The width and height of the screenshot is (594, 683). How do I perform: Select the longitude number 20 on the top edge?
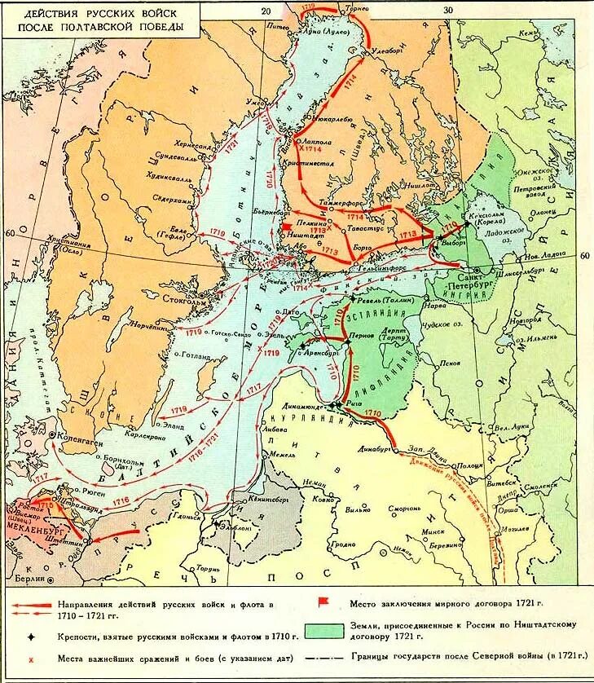point(264,11)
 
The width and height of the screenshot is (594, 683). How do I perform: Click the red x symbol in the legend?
point(30,657)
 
